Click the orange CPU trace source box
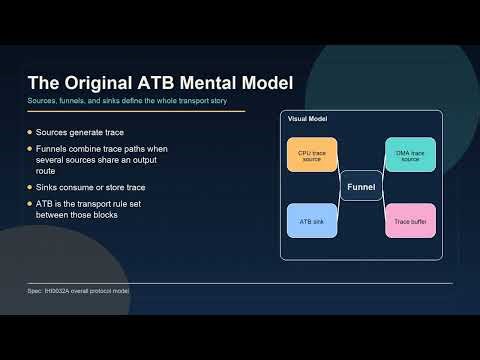coord(312,155)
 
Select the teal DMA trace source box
coord(410,155)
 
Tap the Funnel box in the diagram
coord(361,187)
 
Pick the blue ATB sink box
coord(312,220)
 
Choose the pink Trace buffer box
coord(410,220)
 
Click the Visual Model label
coord(307,119)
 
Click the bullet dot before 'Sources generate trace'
coord(30,132)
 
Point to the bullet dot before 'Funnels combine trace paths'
coord(30,149)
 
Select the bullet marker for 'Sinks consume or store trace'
coord(30,187)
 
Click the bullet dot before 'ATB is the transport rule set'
coord(30,204)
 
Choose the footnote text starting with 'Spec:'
coord(79,291)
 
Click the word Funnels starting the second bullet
coord(53,149)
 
